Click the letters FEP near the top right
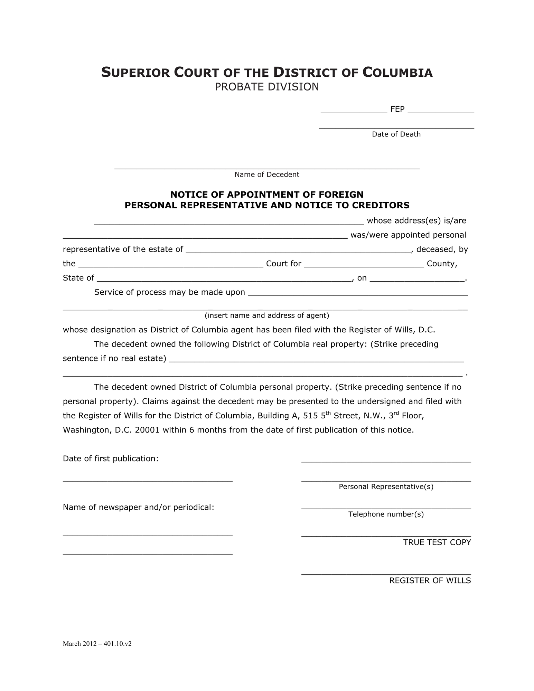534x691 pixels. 397,110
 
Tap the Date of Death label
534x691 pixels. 396,134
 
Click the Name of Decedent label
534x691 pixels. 267,174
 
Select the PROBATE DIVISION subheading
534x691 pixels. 267,87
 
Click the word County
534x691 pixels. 442,264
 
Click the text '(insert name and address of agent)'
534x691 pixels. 267,315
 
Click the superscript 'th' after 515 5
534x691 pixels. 328,413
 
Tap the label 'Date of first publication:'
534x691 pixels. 111,459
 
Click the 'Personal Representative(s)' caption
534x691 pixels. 386,487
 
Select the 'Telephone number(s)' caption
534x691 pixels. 386,514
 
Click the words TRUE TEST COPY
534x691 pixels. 437,542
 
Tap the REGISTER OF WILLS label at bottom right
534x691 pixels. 430,580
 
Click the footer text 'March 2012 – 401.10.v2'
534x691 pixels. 97,644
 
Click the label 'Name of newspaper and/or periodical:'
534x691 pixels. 139,508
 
